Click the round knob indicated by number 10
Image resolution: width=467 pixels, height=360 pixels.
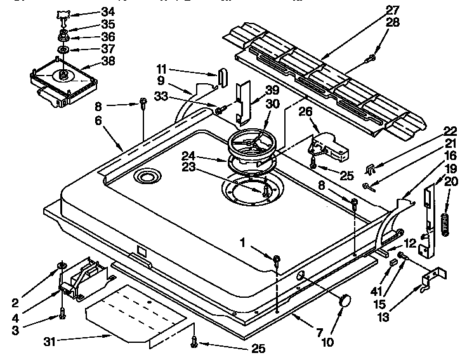coord(346,301)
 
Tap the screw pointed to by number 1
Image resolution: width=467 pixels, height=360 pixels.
coord(277,259)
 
